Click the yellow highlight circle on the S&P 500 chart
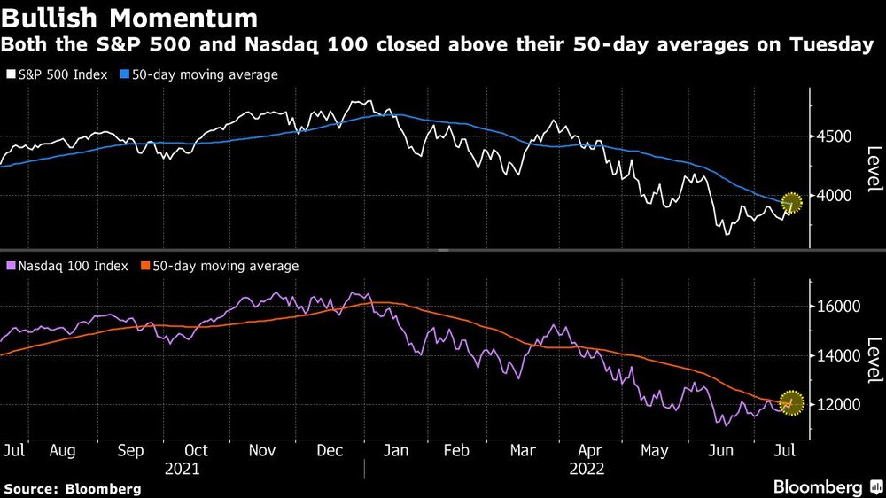pos(791,203)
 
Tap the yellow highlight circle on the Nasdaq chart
pos(791,403)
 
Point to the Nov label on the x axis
pos(262,450)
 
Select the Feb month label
pos(455,450)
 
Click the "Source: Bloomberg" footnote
pos(72,488)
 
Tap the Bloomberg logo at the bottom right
pos(824,486)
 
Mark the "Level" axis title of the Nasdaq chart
pos(873,361)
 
